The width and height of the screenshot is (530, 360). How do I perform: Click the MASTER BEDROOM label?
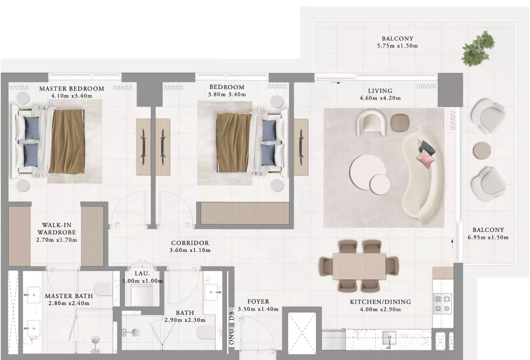click(72, 89)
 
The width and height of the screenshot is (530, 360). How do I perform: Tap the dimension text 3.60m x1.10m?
click(190, 250)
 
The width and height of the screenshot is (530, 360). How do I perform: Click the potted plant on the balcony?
click(478, 49)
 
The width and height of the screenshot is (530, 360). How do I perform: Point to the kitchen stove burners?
click(443, 304)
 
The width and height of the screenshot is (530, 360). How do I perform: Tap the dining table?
click(359, 266)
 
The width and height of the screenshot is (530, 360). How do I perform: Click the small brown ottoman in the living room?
click(400, 122)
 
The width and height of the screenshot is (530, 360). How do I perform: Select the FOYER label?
click(258, 302)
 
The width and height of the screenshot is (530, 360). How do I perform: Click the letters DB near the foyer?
click(232, 316)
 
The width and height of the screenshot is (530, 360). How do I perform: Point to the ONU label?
click(232, 337)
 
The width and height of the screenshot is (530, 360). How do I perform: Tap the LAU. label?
click(142, 273)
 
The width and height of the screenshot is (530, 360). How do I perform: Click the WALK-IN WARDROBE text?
click(56, 229)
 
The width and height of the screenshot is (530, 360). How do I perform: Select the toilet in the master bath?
click(103, 289)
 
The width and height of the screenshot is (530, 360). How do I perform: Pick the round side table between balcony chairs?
click(482, 150)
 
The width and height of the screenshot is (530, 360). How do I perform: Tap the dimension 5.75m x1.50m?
click(397, 46)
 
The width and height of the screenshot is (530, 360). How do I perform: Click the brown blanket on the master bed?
click(66, 141)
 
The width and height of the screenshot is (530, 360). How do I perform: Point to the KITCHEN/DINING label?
click(380, 302)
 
